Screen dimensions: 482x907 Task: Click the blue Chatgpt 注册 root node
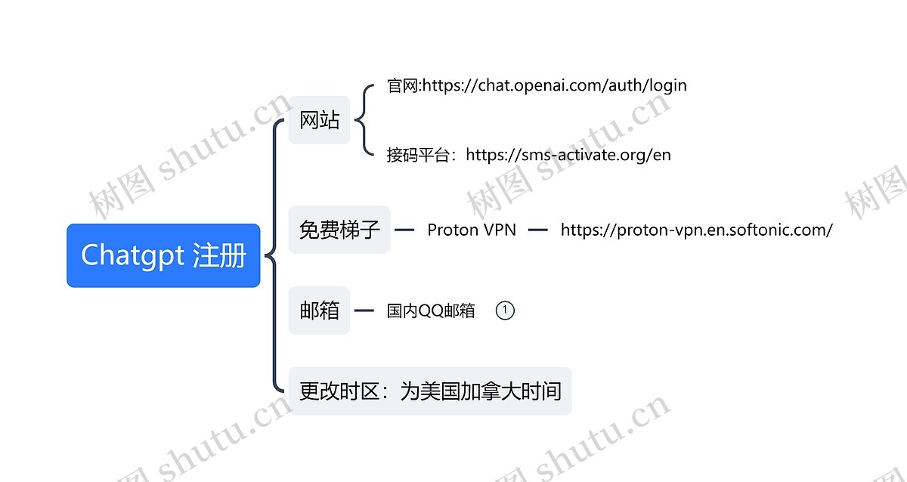[163, 255]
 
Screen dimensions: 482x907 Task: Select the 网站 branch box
[319, 120]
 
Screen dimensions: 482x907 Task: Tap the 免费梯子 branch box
[339, 230]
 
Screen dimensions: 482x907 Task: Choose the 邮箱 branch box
[319, 311]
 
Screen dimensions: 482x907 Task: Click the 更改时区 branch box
[429, 391]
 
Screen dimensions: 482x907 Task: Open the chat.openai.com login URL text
[554, 85]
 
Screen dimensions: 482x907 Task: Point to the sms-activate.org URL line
[568, 155]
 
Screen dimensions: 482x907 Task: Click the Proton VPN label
[472, 230]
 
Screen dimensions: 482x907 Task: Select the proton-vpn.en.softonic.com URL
[696, 230]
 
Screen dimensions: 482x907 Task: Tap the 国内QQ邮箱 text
[431, 311]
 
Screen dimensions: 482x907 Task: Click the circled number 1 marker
[505, 311]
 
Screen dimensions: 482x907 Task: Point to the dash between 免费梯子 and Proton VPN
[405, 230]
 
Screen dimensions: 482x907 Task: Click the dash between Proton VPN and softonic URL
[538, 230]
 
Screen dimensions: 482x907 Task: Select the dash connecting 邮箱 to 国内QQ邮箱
[364, 311]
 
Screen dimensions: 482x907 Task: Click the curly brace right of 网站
[363, 120]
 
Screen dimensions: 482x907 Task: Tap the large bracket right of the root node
[272, 255]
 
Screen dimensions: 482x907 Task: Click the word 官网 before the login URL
[403, 85]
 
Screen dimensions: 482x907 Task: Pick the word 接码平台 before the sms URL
[421, 155]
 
